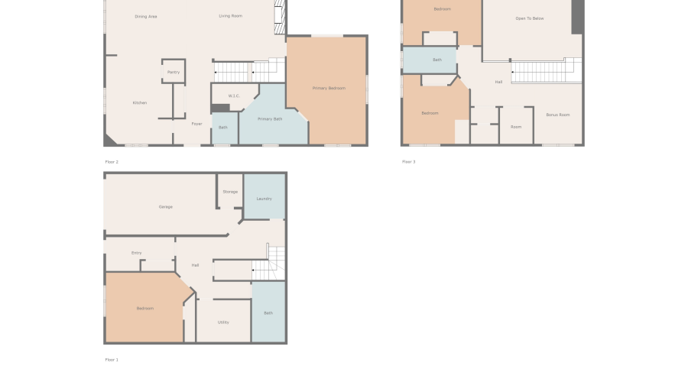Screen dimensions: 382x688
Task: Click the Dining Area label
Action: point(146,16)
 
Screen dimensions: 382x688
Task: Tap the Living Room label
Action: point(230,16)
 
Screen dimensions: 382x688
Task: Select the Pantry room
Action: point(174,72)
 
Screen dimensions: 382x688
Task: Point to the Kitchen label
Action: point(140,103)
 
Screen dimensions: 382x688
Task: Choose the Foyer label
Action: point(196,124)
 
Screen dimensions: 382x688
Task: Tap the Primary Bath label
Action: point(270,119)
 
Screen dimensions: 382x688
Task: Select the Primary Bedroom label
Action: point(329,89)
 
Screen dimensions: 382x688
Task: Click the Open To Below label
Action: point(529,18)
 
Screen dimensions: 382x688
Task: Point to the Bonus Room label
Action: point(558,115)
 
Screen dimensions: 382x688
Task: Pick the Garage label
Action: point(165,207)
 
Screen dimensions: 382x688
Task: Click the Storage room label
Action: point(230,192)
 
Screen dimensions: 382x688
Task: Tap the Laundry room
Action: point(264,199)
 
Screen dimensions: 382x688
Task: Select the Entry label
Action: point(136,253)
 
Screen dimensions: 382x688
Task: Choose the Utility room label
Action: point(223,322)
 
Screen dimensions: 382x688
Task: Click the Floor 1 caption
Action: point(112,360)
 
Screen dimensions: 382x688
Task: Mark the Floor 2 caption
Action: point(112,162)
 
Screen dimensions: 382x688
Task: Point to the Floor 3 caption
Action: point(409,162)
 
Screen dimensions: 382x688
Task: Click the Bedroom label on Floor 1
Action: point(144,309)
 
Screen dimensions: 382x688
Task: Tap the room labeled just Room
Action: point(516,127)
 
